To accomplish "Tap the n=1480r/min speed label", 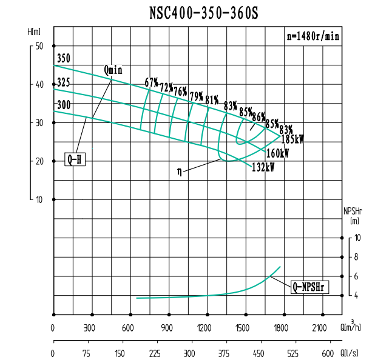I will [x=312, y=36].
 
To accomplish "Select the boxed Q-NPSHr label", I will [x=309, y=287].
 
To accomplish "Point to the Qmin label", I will [x=113, y=70].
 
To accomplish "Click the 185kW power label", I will [x=292, y=139].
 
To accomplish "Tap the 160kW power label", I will [x=277, y=153].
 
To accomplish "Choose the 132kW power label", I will [x=263, y=168].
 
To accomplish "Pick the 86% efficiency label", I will [x=258, y=117].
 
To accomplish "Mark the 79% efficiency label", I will [x=196, y=96].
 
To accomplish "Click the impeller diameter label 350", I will [x=64, y=59].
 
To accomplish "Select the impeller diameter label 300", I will [x=64, y=105].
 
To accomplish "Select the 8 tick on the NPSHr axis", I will [x=356, y=258].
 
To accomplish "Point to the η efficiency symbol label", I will [x=180, y=172].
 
